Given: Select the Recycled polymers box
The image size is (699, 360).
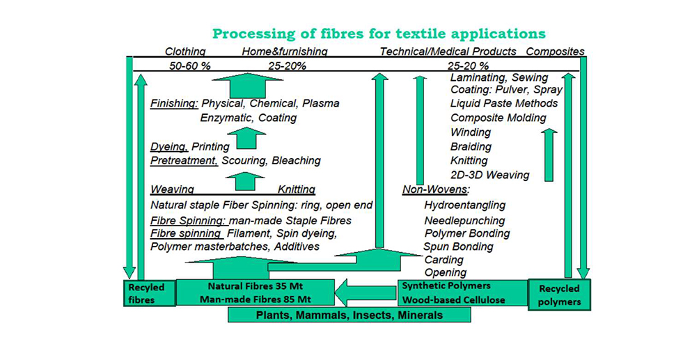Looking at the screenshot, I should click(559, 295).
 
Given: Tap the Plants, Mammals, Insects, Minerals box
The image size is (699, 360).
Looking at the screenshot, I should click(349, 315).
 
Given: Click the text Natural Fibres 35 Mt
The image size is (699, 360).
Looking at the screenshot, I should click(254, 285).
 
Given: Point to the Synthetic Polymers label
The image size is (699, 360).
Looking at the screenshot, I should click(446, 285).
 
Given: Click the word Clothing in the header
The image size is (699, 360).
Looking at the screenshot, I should click(185, 52).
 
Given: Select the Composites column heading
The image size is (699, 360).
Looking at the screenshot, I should click(555, 52).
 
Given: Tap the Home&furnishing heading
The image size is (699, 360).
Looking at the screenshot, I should click(285, 52).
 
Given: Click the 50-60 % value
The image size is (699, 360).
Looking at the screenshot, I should click(189, 66).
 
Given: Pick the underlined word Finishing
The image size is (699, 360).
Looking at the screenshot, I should click(174, 104).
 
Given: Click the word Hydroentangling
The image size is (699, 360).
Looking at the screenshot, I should click(464, 205).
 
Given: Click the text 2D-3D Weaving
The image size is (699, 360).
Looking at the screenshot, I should click(489, 175).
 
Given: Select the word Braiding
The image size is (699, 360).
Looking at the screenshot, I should click(471, 147).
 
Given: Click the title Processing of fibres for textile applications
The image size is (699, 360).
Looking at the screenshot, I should click(379, 33).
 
